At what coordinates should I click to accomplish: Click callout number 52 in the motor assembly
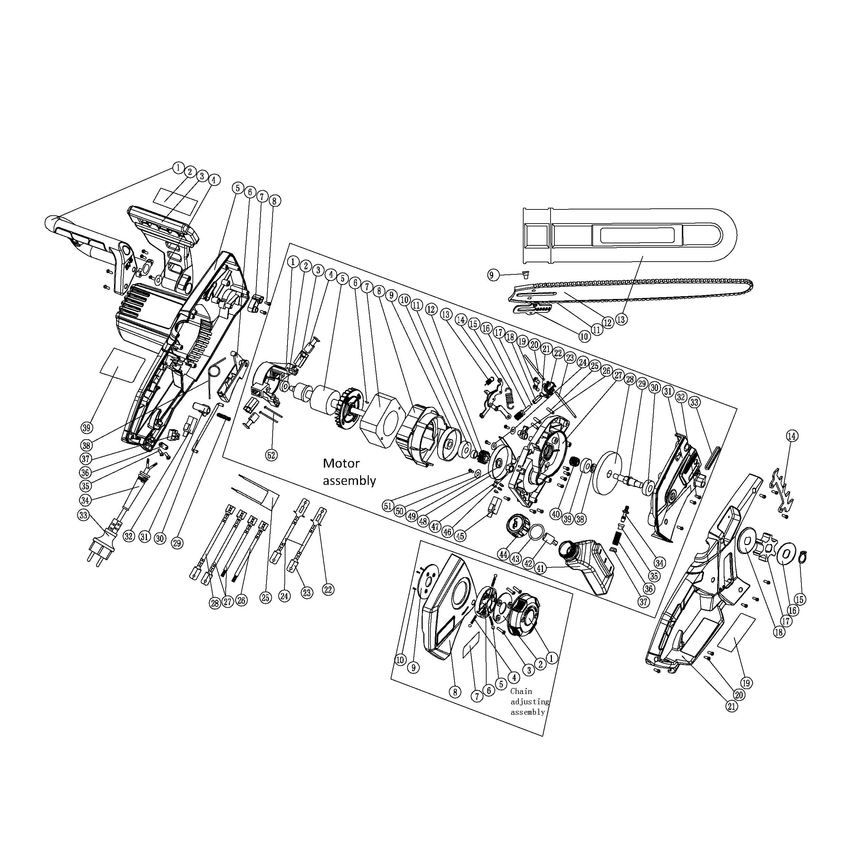coord(271,455)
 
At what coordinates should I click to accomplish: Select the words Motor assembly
coord(349,472)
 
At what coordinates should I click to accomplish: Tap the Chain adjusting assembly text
coord(529,702)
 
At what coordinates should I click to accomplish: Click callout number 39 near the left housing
coord(87,428)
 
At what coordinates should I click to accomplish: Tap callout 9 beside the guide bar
coord(492,275)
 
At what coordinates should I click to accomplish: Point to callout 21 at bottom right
coord(732,707)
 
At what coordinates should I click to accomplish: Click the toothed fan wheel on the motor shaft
coord(348,410)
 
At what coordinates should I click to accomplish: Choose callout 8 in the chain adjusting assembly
coord(455,692)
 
